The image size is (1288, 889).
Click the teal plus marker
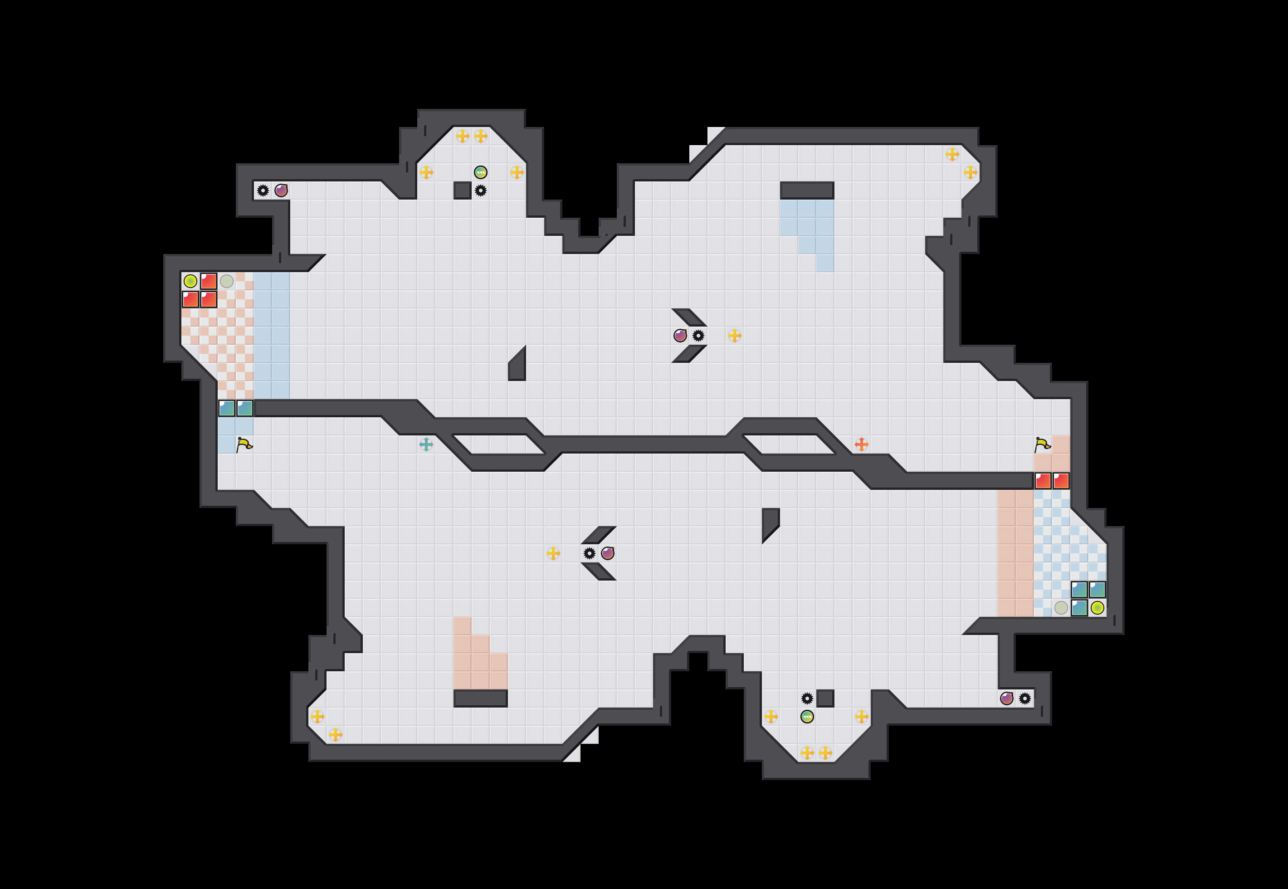pos(426,444)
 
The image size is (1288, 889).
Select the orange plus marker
pos(861,444)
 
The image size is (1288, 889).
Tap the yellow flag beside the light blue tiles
pos(244,444)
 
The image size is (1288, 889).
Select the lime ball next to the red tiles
pos(190,281)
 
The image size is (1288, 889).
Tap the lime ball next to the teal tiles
pos(1097,608)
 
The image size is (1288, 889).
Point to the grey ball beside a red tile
pos(227,281)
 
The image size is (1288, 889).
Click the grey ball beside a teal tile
pos(1061,608)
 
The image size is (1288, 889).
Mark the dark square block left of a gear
pos(462,190)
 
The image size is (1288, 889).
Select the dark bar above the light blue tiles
pos(807,190)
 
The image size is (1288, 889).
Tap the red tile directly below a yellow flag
pos(1043,481)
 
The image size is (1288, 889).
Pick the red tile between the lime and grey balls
pos(209,281)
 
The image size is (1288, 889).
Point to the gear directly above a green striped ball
pos(807,698)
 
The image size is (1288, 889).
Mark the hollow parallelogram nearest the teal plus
pos(498,444)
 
